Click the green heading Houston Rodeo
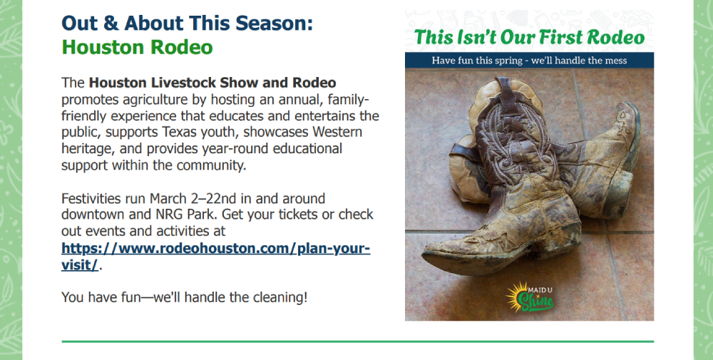click(137, 47)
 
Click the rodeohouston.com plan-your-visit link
click(215, 257)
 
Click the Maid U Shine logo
click(530, 297)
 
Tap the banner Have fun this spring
click(529, 61)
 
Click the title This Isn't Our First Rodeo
click(529, 37)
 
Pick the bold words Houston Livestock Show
click(175, 83)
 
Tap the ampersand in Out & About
click(111, 24)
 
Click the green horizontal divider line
click(358, 341)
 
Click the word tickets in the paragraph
click(297, 214)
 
